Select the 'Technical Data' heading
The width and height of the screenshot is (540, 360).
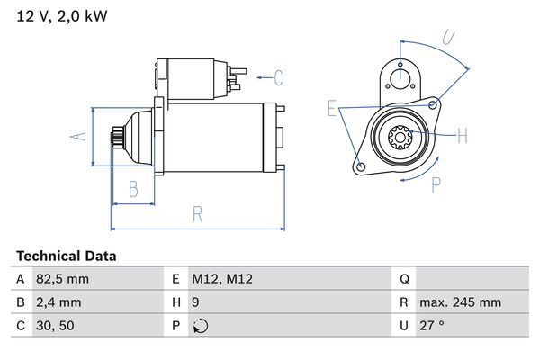[x=66, y=256]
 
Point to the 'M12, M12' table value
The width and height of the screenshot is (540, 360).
[x=222, y=279]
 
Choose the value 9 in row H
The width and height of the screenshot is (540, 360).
[x=195, y=302]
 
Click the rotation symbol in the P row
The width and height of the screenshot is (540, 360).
[x=199, y=326]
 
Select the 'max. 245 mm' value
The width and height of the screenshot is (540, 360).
[x=462, y=302]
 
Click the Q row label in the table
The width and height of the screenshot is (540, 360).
[x=405, y=279]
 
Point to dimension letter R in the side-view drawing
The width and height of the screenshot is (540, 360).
[x=197, y=214]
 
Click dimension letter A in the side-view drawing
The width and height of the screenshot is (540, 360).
[x=79, y=137]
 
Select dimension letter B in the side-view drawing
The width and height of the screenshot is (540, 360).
[x=132, y=189]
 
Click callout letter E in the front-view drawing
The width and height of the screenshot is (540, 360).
[x=332, y=110]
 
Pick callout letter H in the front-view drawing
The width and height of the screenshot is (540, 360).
[x=463, y=137]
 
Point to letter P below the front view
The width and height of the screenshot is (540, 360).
[x=436, y=184]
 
